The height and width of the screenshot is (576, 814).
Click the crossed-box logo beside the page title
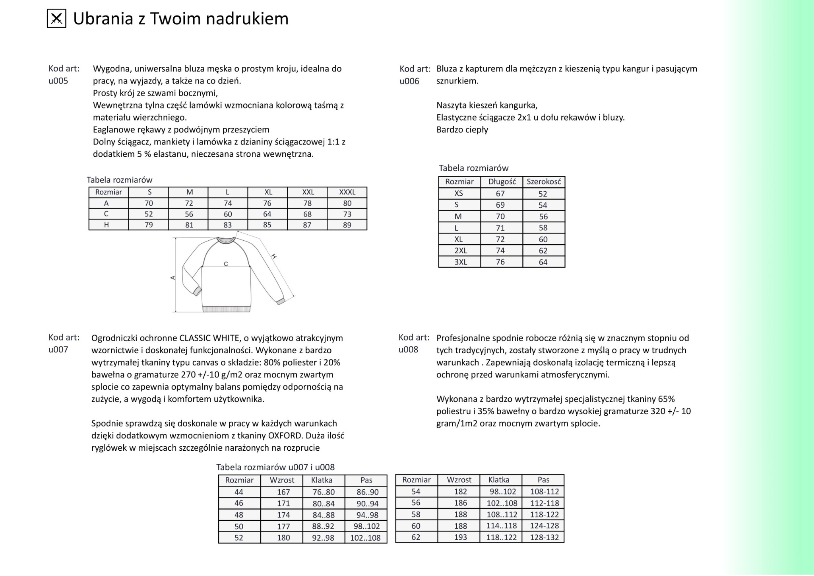(x=56, y=19)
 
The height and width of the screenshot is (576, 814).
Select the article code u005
(x=58, y=81)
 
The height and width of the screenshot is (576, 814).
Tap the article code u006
(x=409, y=81)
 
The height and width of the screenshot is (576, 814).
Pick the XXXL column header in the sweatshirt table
(x=347, y=192)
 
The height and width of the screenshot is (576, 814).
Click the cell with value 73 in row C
(x=347, y=214)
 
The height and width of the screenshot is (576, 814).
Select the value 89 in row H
(x=347, y=225)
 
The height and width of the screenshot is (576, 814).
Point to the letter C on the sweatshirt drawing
(x=226, y=264)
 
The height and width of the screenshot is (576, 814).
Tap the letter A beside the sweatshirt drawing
(x=173, y=278)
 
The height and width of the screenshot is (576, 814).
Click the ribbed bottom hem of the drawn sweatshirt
(x=227, y=309)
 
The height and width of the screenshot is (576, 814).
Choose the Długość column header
(x=502, y=182)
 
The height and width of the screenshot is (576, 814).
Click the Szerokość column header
(x=544, y=182)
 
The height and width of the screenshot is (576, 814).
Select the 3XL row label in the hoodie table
(x=460, y=262)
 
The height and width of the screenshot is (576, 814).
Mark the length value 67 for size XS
(x=500, y=194)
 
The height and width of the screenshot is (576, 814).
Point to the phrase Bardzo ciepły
(x=462, y=130)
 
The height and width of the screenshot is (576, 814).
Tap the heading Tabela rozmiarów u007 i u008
(x=275, y=467)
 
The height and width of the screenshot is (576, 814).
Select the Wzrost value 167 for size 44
(x=283, y=492)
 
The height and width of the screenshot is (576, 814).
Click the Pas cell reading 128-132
(x=544, y=537)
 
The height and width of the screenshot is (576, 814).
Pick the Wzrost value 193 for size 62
(x=460, y=537)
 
